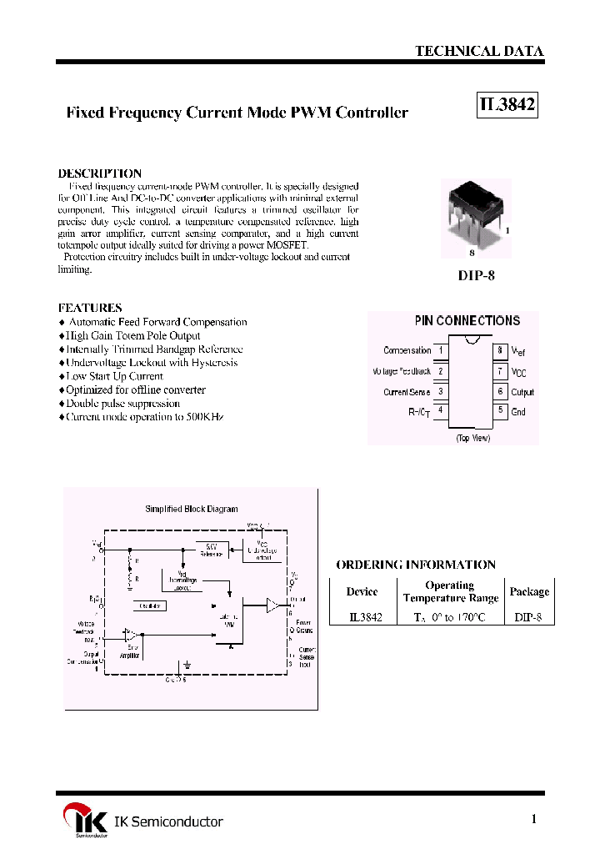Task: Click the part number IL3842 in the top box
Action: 507,106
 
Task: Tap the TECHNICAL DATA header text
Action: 479,51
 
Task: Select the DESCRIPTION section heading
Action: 100,173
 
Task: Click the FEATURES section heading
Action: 90,308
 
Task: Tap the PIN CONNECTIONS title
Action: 467,321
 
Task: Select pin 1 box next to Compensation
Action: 440,351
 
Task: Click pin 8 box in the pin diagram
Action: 500,351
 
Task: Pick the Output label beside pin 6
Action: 522,392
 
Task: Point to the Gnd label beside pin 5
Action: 518,412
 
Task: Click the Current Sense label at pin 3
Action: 407,392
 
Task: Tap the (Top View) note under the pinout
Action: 472,438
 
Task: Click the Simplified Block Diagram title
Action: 192,509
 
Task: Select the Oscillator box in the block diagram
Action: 151,606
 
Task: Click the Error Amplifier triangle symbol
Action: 128,636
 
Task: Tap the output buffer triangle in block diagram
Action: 273,605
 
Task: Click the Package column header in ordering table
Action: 529,591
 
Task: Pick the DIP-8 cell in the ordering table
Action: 529,617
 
